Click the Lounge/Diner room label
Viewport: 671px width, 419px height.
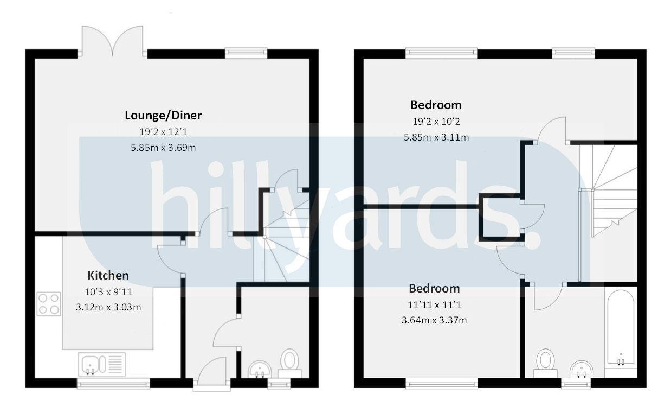tap(163, 115)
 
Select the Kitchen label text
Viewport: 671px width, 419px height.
tap(108, 275)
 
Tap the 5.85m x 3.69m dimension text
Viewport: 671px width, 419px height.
tap(163, 148)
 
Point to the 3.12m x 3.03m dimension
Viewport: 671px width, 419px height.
tap(108, 307)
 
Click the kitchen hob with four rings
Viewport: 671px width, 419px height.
tap(49, 304)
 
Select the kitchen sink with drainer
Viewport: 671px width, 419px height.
tap(102, 364)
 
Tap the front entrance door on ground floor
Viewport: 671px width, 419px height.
tap(212, 374)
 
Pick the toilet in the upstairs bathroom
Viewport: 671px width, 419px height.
tap(545, 362)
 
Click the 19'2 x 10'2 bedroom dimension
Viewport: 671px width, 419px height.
tap(436, 122)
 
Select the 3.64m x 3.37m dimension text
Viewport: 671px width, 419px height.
tap(434, 320)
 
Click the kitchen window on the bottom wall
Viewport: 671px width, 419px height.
tap(113, 384)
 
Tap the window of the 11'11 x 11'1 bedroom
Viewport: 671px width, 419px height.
tap(442, 384)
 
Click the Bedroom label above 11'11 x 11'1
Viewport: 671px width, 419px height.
tap(434, 288)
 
